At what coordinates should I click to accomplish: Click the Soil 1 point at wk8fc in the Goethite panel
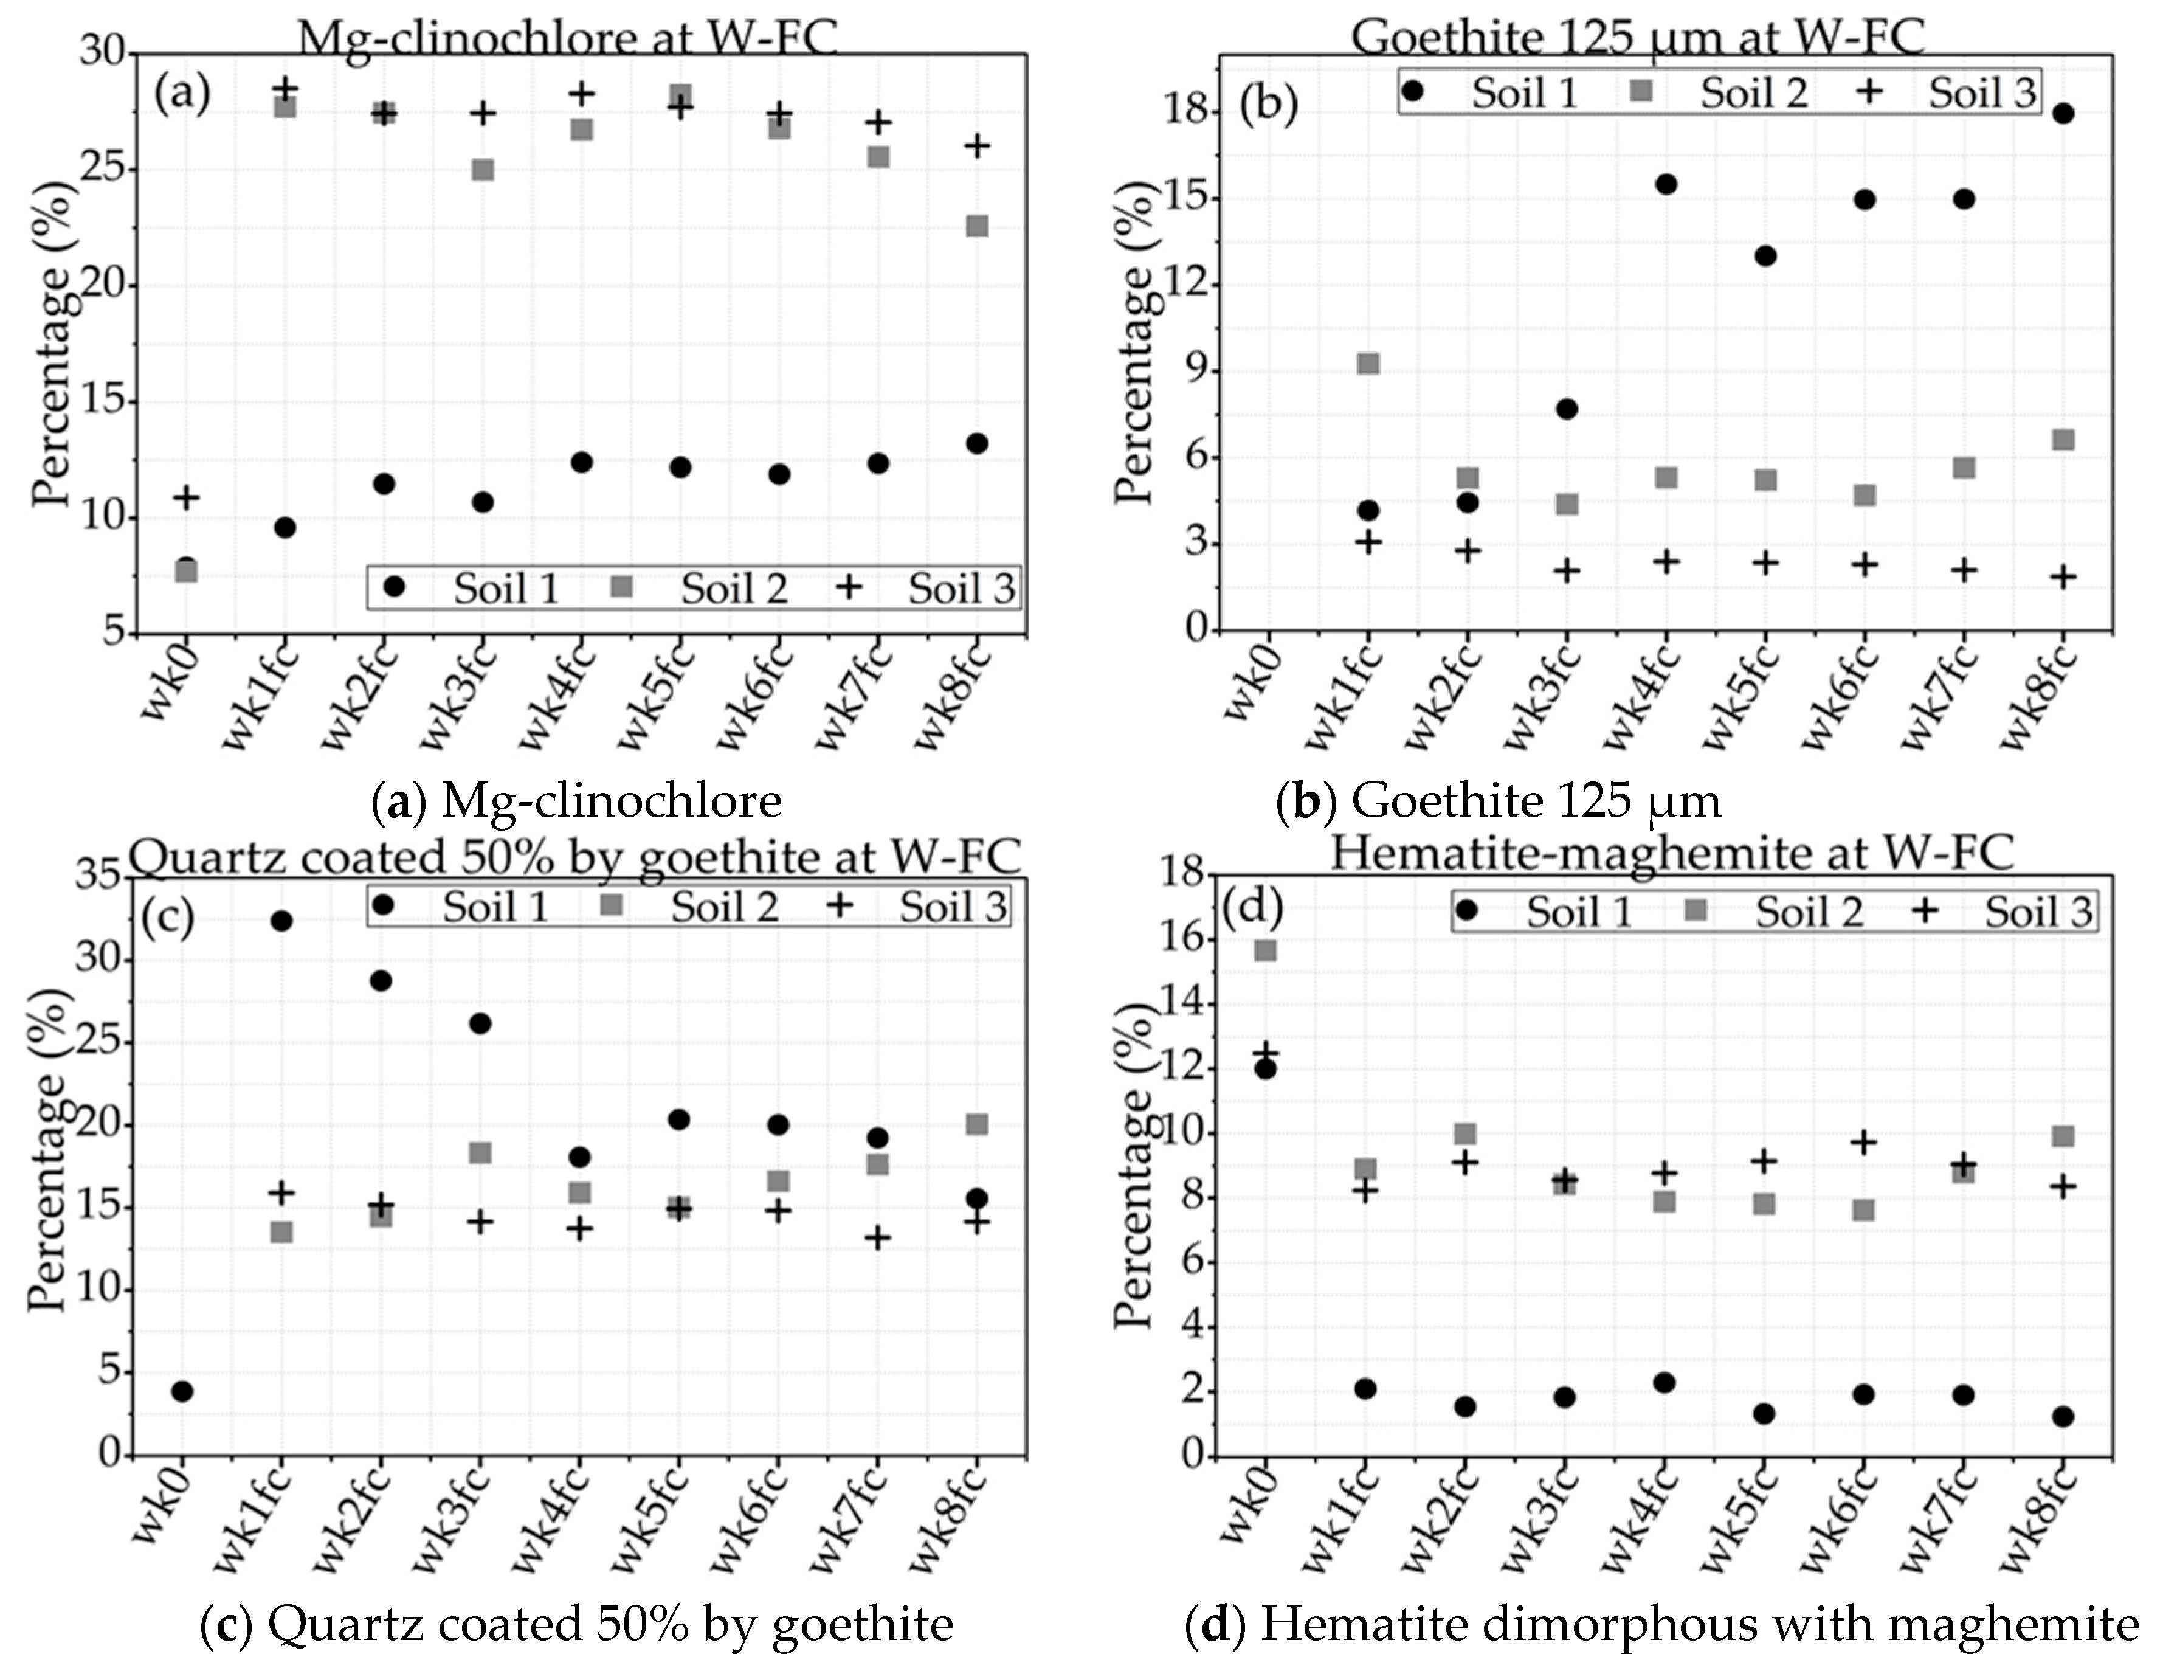pyautogui.click(x=2063, y=113)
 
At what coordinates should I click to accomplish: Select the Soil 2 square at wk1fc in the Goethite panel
pyautogui.click(x=1368, y=364)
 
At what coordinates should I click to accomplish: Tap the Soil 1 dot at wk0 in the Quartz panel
pyautogui.click(x=182, y=1391)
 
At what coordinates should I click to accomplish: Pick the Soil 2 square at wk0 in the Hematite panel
pyautogui.click(x=1266, y=950)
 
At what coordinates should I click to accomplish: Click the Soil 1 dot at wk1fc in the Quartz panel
pyautogui.click(x=281, y=920)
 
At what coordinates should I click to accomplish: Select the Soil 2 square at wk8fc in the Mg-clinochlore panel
pyautogui.click(x=976, y=226)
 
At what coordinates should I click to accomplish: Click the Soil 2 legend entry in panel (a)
pyautogui.click(x=705, y=589)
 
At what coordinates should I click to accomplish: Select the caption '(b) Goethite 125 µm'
pyautogui.click(x=1497, y=800)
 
